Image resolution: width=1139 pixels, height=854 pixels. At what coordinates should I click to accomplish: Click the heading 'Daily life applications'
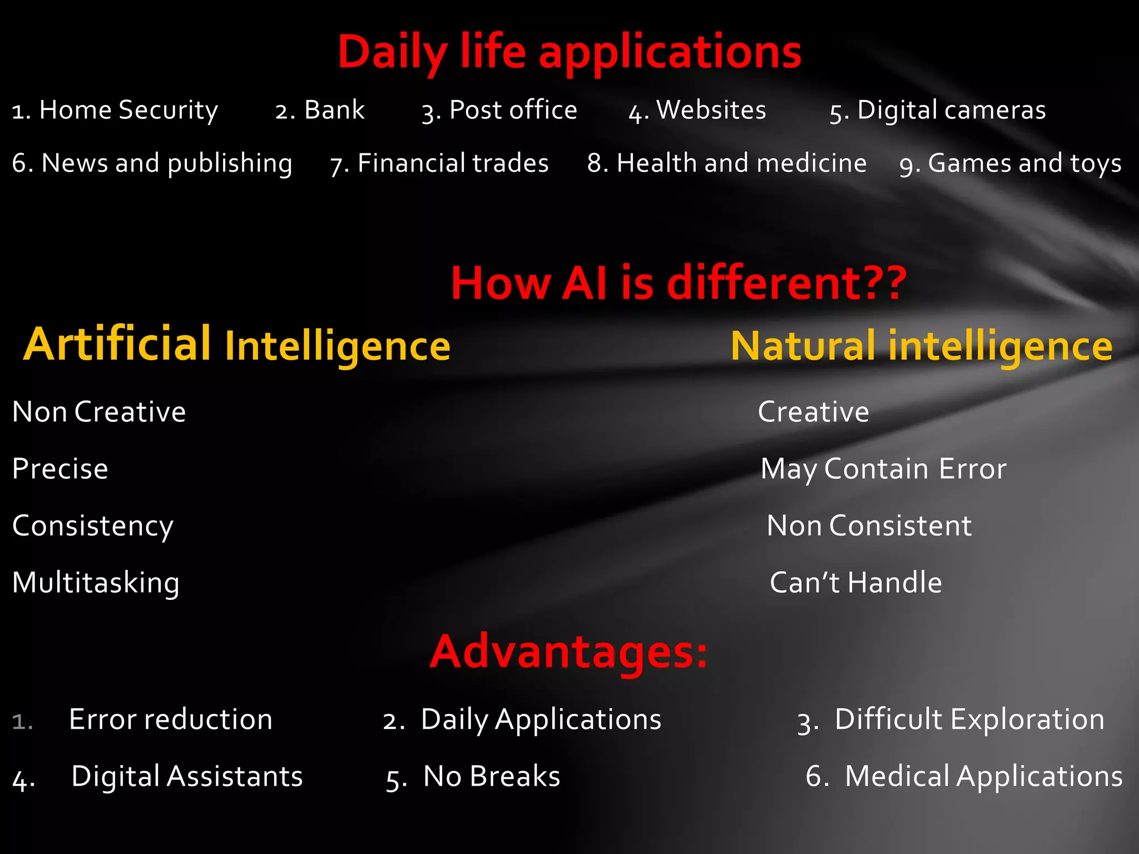(x=569, y=53)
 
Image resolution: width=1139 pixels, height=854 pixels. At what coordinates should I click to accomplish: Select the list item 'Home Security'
(x=128, y=110)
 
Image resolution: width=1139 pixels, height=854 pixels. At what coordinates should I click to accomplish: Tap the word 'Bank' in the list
(x=334, y=110)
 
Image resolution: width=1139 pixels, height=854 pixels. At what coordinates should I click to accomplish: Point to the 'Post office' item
(x=513, y=110)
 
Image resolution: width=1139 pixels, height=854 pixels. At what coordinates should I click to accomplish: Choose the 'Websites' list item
(x=711, y=110)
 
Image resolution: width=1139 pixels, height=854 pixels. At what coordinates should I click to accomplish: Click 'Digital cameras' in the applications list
(x=951, y=110)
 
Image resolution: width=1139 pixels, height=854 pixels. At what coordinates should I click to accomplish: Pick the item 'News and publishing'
(x=166, y=163)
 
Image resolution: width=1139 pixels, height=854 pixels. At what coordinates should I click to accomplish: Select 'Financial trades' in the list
(x=453, y=163)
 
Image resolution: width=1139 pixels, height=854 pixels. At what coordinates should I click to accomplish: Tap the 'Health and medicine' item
(x=741, y=163)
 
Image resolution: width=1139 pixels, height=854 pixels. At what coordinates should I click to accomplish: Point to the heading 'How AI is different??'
(x=679, y=283)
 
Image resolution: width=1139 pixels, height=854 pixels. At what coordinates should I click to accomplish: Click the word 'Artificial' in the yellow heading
(x=117, y=344)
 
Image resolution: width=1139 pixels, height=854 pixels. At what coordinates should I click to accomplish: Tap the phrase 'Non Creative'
(x=99, y=412)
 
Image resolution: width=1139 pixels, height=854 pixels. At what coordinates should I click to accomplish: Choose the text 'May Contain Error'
(x=883, y=469)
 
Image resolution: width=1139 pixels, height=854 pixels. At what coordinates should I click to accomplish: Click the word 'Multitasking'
(x=96, y=583)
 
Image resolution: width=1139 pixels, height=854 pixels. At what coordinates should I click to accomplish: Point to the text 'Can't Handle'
(x=855, y=583)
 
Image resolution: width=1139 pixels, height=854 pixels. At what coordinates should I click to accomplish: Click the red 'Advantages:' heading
(x=568, y=652)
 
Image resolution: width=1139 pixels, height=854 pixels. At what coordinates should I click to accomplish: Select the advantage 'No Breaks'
(x=491, y=776)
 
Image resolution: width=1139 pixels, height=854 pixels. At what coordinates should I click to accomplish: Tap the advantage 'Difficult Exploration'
(x=969, y=719)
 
